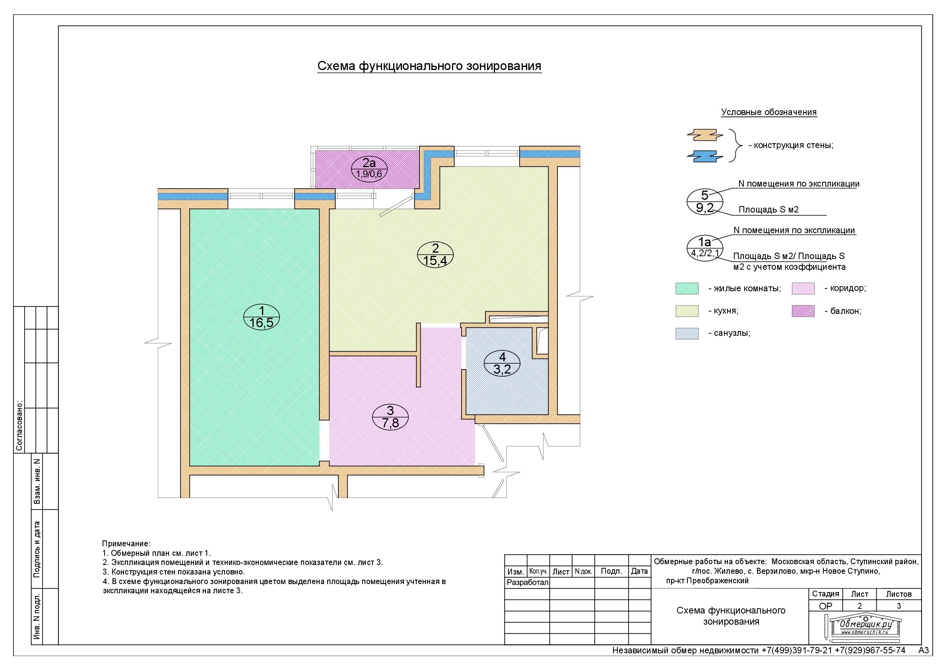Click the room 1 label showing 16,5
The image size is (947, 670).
(x=262, y=317)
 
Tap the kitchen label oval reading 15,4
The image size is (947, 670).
(x=435, y=255)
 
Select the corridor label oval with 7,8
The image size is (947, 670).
(x=390, y=417)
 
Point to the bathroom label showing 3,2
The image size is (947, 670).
(x=502, y=363)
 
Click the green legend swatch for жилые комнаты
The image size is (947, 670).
(x=687, y=288)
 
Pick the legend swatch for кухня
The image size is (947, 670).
(x=687, y=311)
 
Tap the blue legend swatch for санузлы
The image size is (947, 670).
(x=687, y=333)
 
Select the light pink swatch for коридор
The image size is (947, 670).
(x=803, y=288)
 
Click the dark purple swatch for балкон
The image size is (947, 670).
(x=803, y=311)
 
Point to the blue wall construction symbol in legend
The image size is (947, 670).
(x=705, y=156)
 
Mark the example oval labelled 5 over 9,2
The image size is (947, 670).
(x=704, y=201)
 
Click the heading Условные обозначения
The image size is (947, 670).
(x=769, y=112)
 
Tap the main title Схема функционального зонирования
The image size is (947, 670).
(x=429, y=66)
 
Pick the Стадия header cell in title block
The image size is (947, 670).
(x=825, y=594)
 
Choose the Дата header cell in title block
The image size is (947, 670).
(x=639, y=571)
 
